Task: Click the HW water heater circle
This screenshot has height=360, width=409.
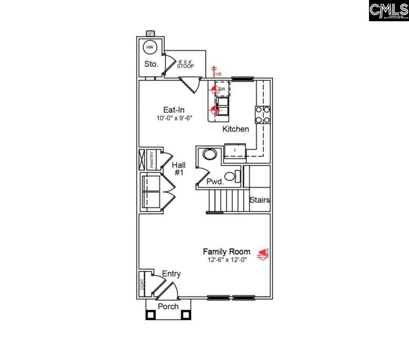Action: pyautogui.click(x=150, y=47)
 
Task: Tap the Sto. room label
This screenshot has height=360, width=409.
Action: pyautogui.click(x=151, y=64)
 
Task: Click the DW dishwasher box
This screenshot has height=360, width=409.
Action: pyautogui.click(x=222, y=89)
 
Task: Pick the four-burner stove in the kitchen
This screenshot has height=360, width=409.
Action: pyautogui.click(x=262, y=115)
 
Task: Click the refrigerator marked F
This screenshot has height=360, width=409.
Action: pyautogui.click(x=235, y=150)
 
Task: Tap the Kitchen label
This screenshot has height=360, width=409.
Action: pyautogui.click(x=236, y=129)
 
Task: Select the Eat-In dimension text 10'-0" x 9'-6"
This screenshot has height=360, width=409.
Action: pyautogui.click(x=176, y=118)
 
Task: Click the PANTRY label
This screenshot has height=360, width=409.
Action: pyautogui.click(x=152, y=159)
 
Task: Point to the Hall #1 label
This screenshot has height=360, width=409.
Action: pyautogui.click(x=179, y=168)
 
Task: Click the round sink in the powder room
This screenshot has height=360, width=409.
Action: pyautogui.click(x=209, y=154)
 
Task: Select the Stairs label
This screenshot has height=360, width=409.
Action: pyautogui.click(x=260, y=200)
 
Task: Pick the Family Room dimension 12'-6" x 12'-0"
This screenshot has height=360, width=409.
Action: pyautogui.click(x=226, y=260)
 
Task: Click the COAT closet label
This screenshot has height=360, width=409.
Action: pyautogui.click(x=141, y=284)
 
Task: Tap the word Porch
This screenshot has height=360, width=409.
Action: pyautogui.click(x=168, y=307)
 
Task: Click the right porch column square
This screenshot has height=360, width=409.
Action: pyautogui.click(x=186, y=315)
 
